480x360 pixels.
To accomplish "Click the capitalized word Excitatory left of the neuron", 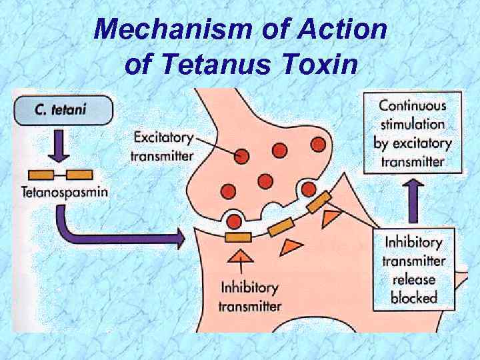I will click(163, 138).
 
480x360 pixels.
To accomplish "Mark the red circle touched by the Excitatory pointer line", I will click(241, 156).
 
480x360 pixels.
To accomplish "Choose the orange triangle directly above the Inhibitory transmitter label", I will click(238, 257).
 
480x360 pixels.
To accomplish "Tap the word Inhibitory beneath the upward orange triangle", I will click(249, 288).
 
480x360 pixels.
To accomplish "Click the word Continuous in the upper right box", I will click(413, 105).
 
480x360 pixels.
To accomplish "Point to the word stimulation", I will click(412, 124).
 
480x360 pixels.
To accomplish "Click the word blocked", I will click(413, 298).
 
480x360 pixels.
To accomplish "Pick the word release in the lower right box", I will click(413, 279).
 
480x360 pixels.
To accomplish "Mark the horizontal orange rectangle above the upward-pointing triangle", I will click(238, 236).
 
